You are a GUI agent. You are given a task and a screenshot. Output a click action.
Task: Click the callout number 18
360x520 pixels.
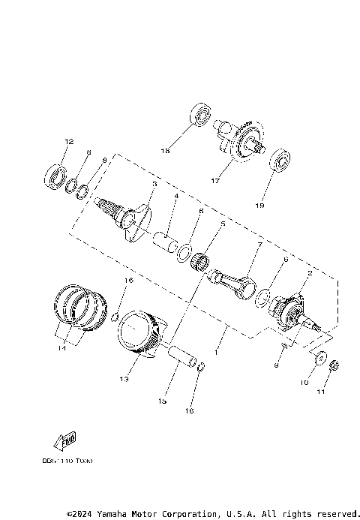165,151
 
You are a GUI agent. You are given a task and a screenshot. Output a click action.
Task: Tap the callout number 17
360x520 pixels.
214,181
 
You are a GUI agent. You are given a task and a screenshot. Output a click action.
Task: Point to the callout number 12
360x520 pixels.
68,142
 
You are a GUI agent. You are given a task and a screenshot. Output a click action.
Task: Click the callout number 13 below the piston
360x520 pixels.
123,380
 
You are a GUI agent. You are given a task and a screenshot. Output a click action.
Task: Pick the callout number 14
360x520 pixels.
61,348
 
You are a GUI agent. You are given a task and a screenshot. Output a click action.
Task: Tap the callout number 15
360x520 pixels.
161,401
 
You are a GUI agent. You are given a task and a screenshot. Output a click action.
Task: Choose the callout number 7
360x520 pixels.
259,245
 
